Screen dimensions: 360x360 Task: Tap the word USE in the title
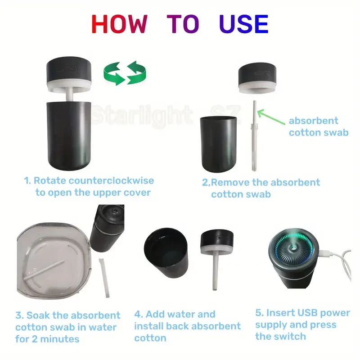243,24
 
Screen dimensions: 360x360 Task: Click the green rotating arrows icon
121,72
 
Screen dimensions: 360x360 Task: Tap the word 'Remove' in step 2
230,183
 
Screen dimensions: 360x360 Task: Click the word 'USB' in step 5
308,313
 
